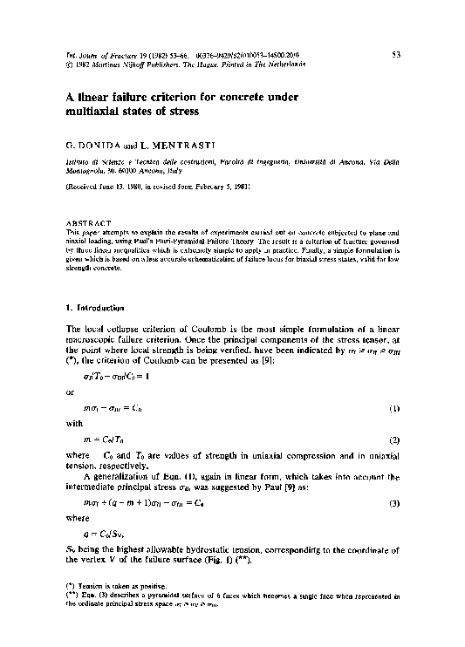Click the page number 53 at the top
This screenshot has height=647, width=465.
click(x=394, y=54)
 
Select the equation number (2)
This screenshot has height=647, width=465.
click(x=394, y=438)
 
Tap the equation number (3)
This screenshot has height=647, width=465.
click(x=394, y=503)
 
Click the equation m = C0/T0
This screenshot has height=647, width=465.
click(x=106, y=438)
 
